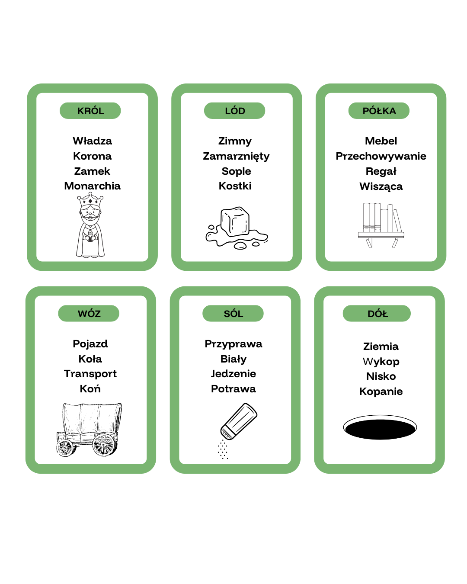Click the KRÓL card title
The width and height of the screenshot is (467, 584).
(90, 111)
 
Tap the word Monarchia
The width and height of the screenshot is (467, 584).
(92, 186)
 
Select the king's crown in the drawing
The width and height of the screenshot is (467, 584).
(90, 199)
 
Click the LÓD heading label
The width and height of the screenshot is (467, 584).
(235, 111)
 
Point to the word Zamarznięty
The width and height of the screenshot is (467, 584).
(236, 156)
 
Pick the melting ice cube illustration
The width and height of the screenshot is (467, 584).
(237, 228)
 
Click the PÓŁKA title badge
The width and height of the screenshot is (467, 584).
(379, 111)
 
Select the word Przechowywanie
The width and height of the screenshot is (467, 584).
(381, 156)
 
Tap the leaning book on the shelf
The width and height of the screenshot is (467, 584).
(397, 221)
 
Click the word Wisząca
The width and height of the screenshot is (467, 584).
(381, 186)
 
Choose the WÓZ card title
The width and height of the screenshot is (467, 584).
(89, 314)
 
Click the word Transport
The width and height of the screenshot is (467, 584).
(90, 374)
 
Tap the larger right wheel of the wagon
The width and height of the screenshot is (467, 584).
(105, 444)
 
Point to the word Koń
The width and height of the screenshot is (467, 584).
(90, 388)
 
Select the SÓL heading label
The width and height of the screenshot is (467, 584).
(233, 314)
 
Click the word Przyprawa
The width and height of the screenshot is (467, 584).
(233, 344)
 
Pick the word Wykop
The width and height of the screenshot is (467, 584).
(381, 362)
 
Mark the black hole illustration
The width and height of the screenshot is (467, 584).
(380, 427)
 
